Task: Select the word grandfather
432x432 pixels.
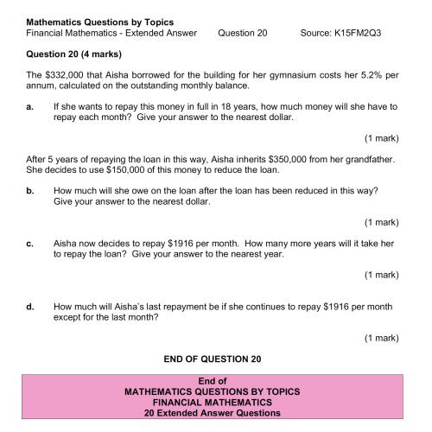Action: [x=366, y=159]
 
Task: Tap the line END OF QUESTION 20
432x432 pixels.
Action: [x=213, y=358]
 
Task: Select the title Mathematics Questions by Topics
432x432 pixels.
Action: [x=99, y=22]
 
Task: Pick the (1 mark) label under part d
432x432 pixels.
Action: [x=381, y=337]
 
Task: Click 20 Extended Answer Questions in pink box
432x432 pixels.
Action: [x=213, y=413]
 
